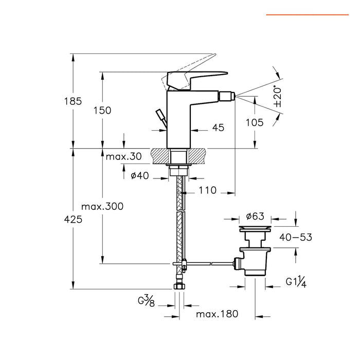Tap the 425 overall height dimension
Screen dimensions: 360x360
[x=73, y=220]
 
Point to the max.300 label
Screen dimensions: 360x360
[x=102, y=206]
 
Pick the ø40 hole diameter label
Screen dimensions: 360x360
[x=139, y=176]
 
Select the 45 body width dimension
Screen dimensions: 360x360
[x=218, y=128]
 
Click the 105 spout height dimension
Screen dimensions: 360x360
[x=255, y=122]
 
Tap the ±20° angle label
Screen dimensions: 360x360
[x=278, y=96]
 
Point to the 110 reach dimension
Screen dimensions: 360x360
[x=207, y=191]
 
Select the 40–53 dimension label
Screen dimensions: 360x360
[x=295, y=237]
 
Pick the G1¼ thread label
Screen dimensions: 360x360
[x=297, y=282]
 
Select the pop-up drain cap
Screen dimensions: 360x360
[x=256, y=226]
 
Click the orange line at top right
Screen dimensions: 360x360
[x=307, y=15]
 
